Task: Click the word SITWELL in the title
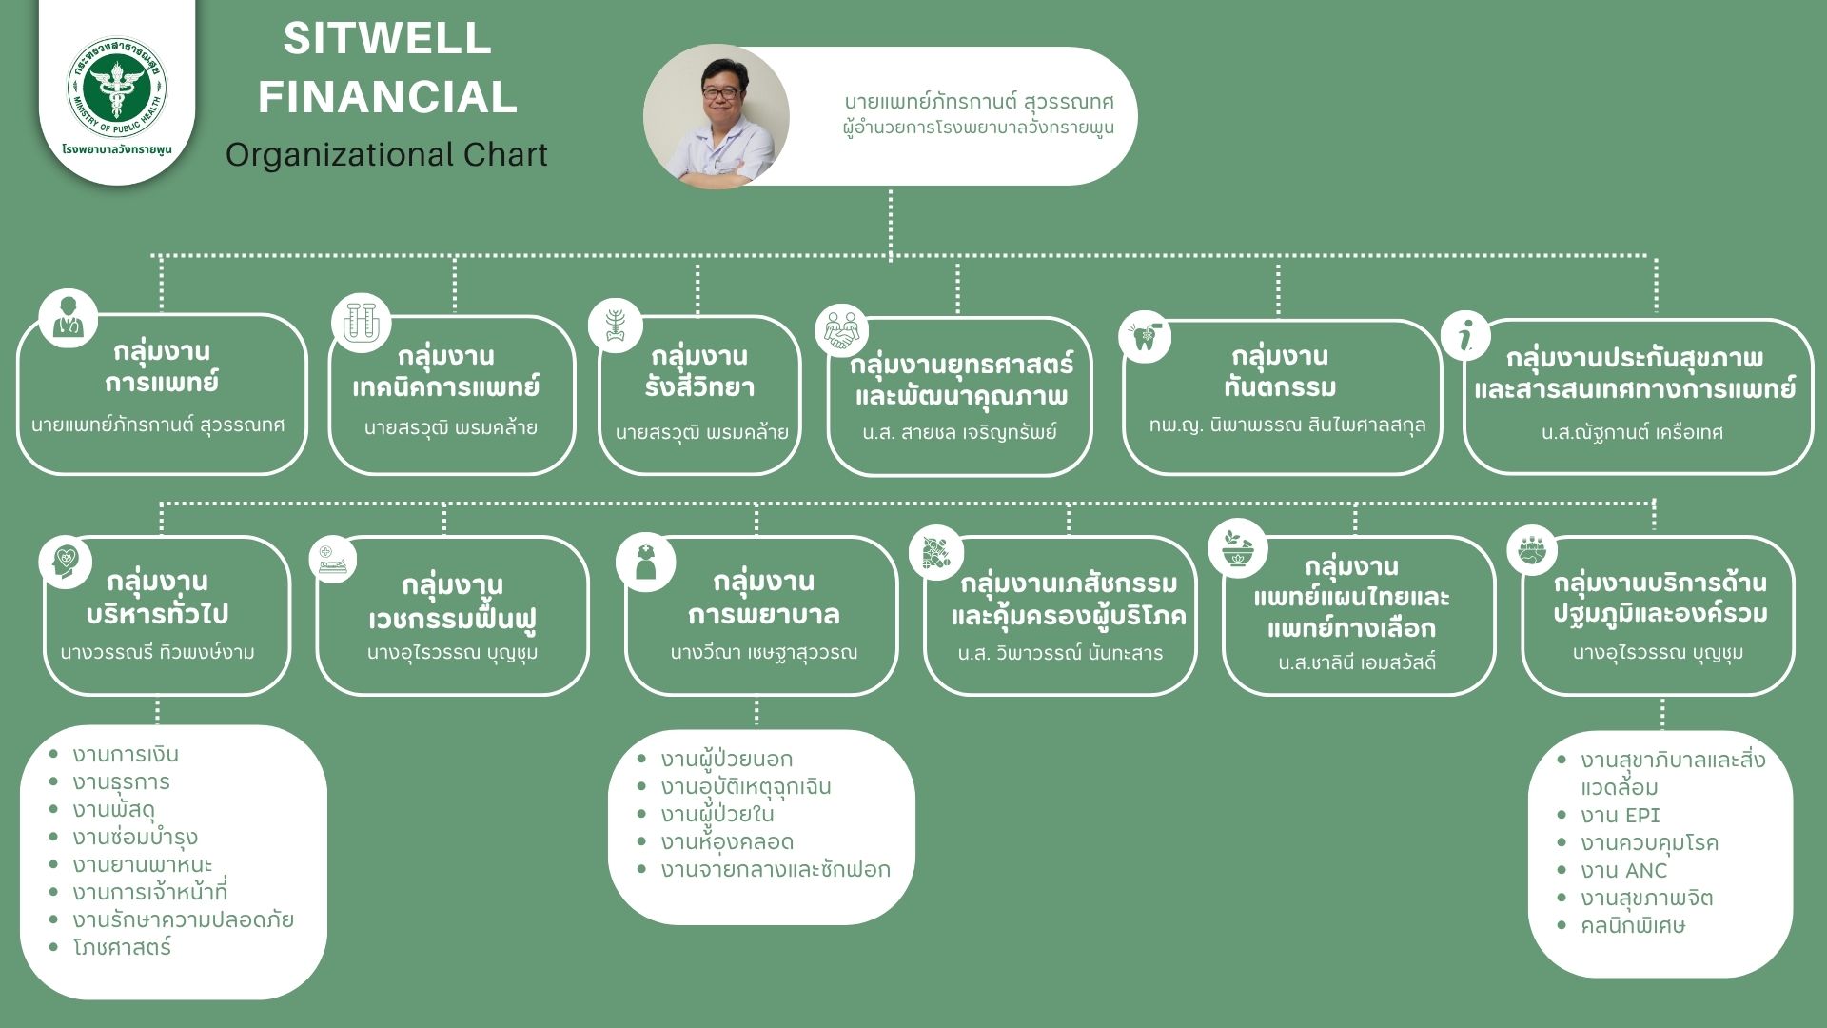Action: [x=387, y=39]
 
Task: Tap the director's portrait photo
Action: [x=716, y=117]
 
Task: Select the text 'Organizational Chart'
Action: [x=386, y=154]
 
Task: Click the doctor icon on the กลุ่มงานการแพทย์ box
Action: [x=68, y=318]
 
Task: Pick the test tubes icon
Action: [x=361, y=322]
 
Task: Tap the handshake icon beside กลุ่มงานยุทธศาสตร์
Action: [x=842, y=329]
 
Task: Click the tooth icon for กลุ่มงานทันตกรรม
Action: [x=1145, y=335]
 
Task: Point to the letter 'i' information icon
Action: [x=1466, y=334]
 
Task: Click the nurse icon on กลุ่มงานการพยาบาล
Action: [x=645, y=562]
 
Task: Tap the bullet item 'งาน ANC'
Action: [x=1623, y=871]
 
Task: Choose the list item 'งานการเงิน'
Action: [x=126, y=755]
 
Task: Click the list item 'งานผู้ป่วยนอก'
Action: [x=726, y=760]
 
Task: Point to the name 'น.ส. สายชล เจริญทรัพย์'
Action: [x=959, y=432]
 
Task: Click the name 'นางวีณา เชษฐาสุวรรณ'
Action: [x=763, y=653]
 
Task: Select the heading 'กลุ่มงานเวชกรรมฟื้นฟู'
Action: [x=452, y=602]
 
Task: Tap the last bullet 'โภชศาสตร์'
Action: [x=122, y=948]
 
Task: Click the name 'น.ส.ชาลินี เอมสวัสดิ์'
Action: [x=1357, y=662]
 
